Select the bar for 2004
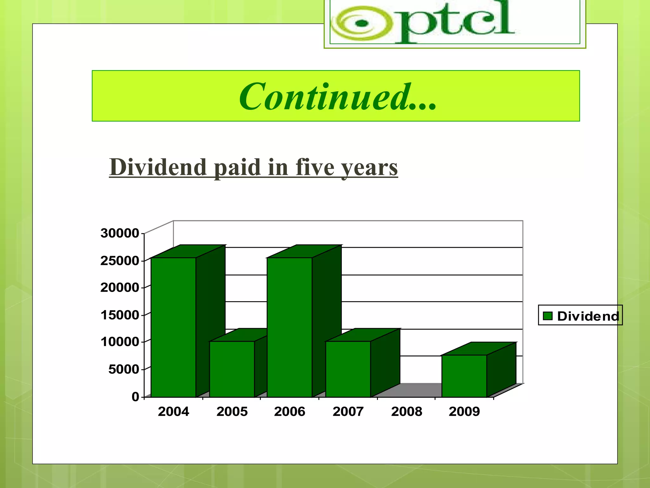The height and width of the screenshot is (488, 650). point(173,327)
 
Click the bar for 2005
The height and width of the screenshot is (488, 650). point(232,369)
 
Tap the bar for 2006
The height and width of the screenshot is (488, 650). point(289,327)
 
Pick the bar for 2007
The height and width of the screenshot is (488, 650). point(348,369)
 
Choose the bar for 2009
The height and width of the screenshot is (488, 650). point(464,376)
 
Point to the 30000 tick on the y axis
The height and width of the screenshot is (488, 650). point(120,233)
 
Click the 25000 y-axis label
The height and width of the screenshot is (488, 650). point(120,261)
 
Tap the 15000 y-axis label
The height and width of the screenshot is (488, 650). point(120,315)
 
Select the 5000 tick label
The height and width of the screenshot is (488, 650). point(123,369)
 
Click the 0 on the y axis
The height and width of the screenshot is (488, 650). point(136,396)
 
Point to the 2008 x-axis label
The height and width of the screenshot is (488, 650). point(407,411)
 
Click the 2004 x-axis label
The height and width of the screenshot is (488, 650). point(173,411)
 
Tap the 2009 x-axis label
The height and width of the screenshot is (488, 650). point(464,411)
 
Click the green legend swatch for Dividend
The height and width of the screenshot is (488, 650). point(548,316)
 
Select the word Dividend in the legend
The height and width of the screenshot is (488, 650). point(588,316)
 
